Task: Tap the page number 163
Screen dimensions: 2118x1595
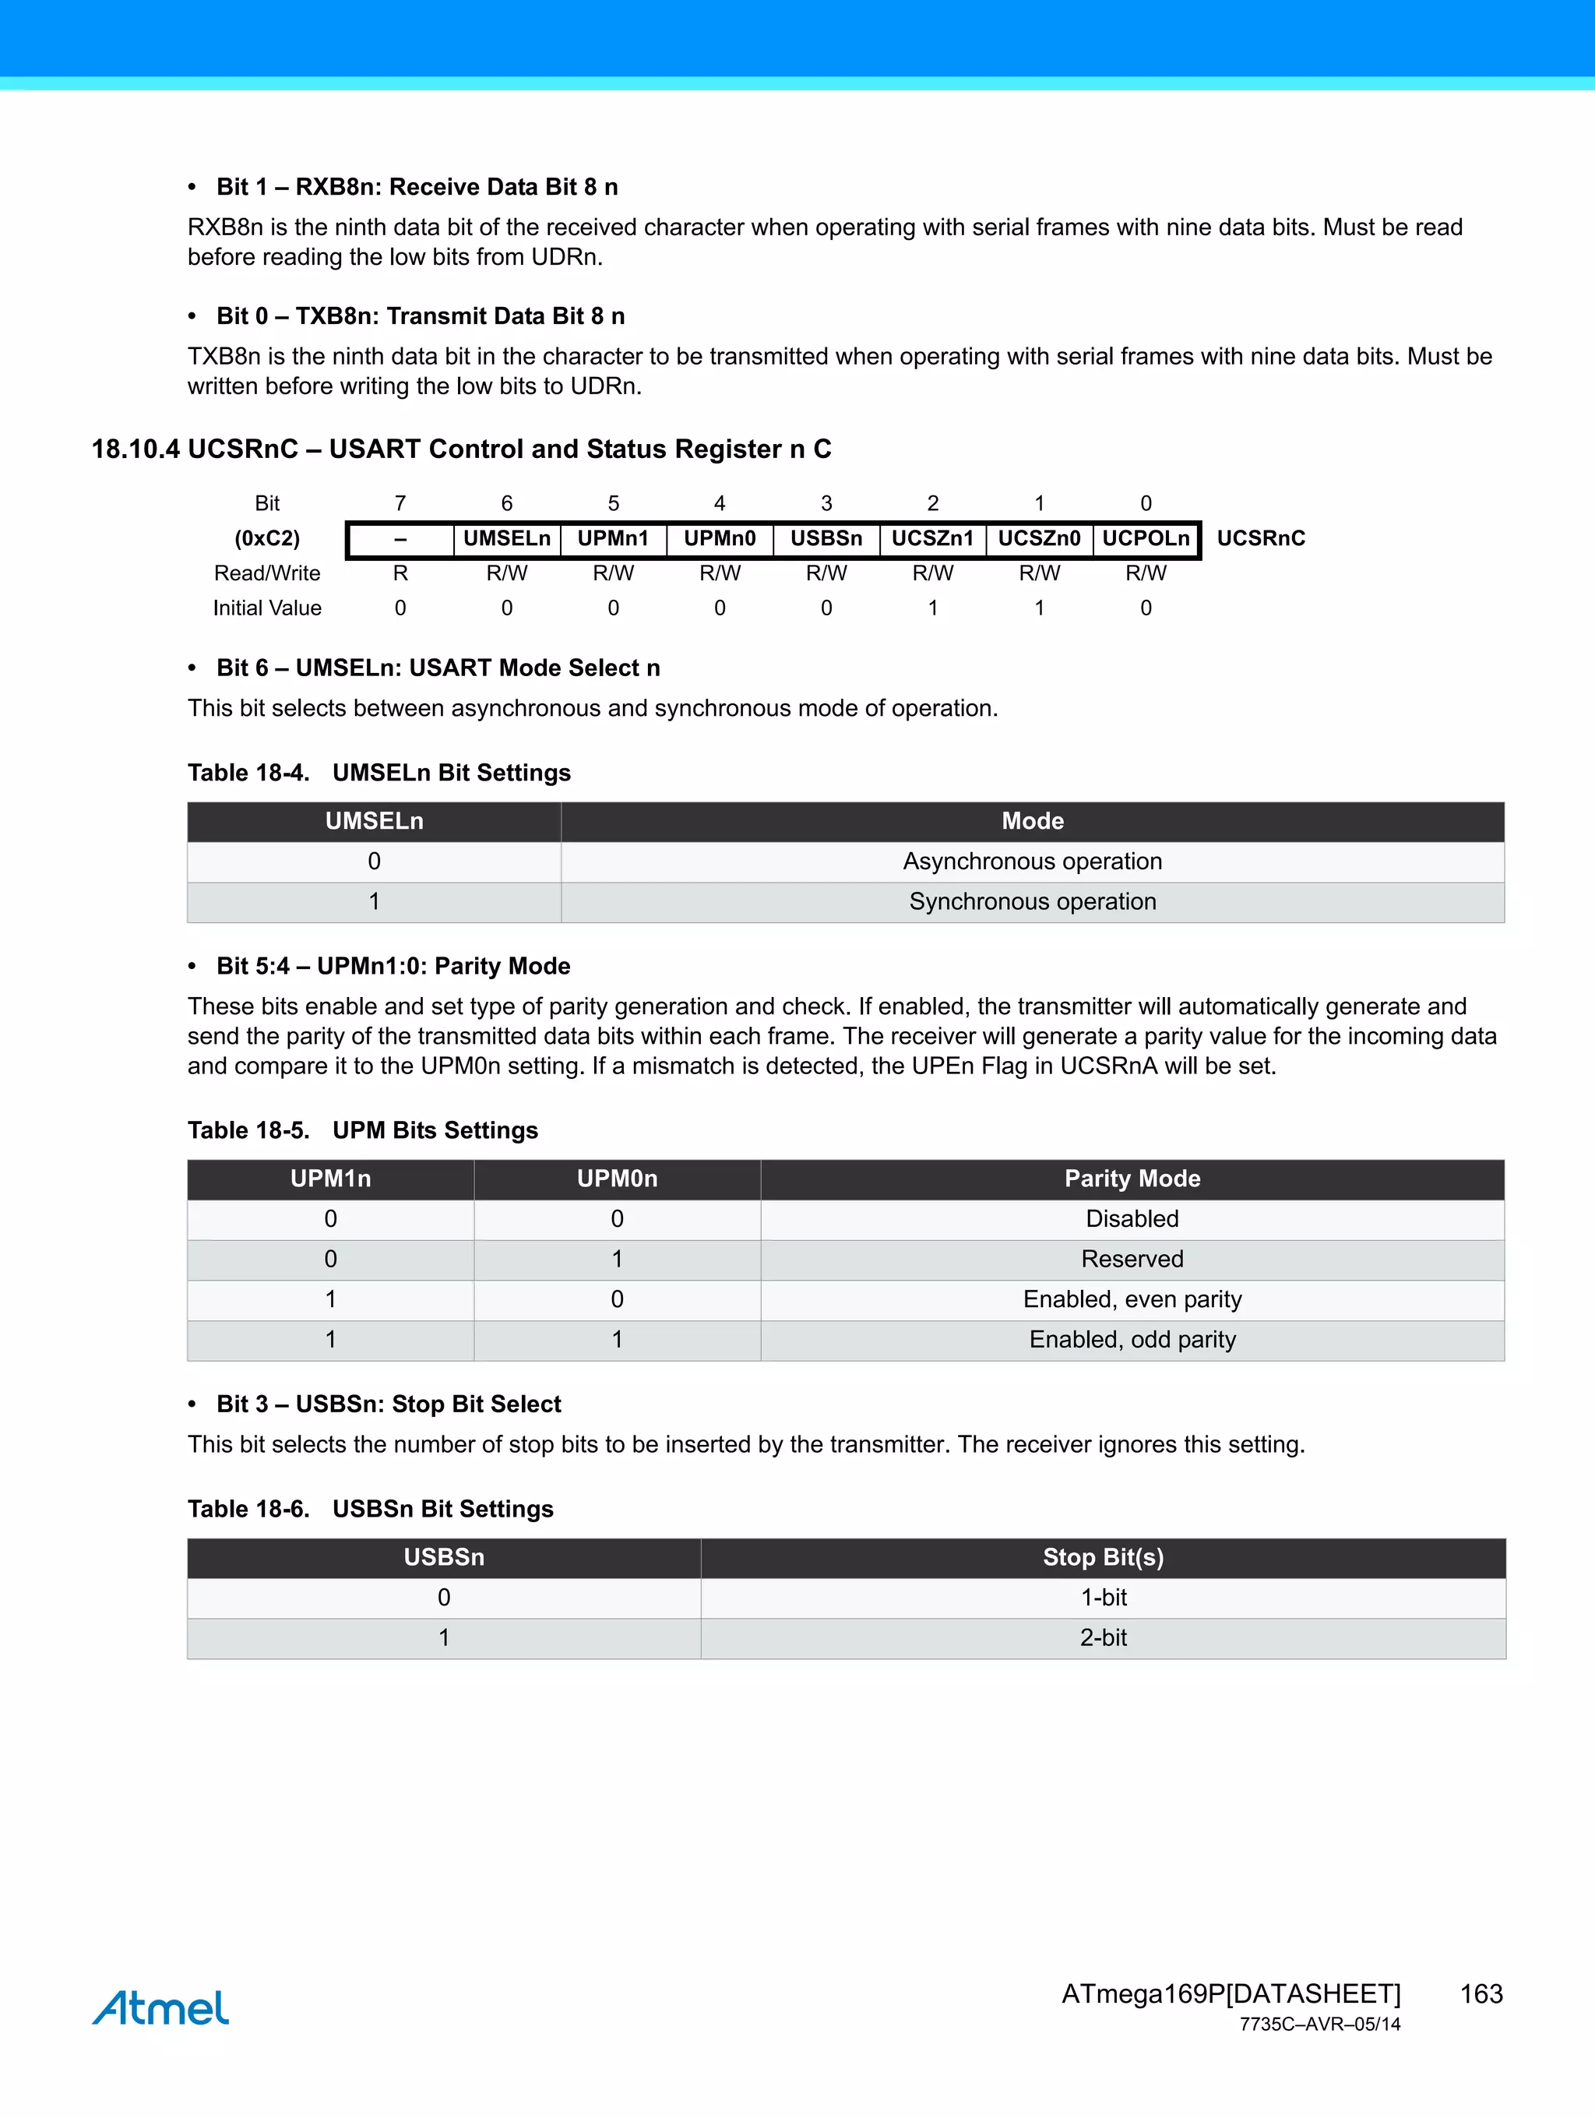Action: (x=1481, y=1993)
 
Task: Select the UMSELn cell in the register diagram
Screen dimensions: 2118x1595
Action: (x=506, y=539)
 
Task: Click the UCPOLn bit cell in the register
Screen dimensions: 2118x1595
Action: (x=1145, y=539)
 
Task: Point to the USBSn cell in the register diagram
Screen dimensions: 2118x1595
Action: (x=826, y=539)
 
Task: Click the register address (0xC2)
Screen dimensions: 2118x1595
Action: (x=267, y=539)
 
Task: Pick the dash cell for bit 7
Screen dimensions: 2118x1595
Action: (x=400, y=540)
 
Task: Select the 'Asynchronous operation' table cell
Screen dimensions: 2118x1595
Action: (x=1032, y=862)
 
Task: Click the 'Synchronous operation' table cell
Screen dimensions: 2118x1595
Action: (x=1032, y=902)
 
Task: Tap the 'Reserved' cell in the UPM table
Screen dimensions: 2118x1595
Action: (x=1132, y=1259)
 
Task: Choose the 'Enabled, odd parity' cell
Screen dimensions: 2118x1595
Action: (x=1132, y=1340)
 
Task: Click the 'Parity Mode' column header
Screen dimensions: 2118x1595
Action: (x=1132, y=1179)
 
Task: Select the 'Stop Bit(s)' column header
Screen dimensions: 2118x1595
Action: (x=1103, y=1558)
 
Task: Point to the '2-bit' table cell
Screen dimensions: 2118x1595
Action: (x=1103, y=1638)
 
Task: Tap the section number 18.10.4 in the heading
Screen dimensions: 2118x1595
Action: (x=135, y=449)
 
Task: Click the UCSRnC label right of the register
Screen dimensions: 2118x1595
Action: (x=1261, y=539)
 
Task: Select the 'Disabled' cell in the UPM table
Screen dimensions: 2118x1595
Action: (x=1132, y=1219)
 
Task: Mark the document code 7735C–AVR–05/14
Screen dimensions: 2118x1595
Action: (x=1319, y=2025)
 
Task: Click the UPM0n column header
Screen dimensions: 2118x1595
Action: (x=617, y=1179)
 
